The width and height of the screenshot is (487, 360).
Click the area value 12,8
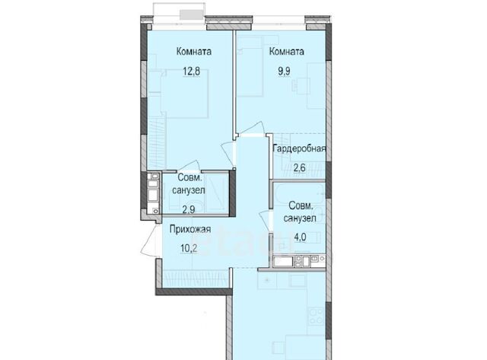(x=191, y=72)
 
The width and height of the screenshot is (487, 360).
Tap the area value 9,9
(x=284, y=72)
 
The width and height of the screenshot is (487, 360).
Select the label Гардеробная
(x=299, y=148)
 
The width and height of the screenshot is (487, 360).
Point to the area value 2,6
(x=300, y=167)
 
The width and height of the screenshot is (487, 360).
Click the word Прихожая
(x=190, y=229)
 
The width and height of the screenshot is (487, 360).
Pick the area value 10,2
(x=189, y=248)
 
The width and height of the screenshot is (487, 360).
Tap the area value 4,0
(x=300, y=237)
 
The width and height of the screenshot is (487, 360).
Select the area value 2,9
(x=189, y=209)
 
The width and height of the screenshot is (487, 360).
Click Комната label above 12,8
(x=194, y=51)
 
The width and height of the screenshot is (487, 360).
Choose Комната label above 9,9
(x=286, y=51)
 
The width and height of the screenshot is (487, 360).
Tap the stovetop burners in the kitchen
(x=317, y=316)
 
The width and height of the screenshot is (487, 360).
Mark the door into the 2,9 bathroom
(x=188, y=166)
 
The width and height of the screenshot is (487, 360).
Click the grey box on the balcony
(x=191, y=14)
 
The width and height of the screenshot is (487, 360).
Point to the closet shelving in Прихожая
(x=196, y=279)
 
